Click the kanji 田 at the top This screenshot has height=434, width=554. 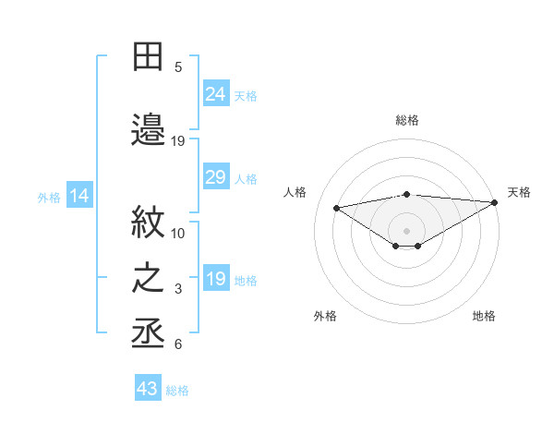point(148,57)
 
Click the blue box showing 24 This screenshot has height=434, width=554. point(216,94)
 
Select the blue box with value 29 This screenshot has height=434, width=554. point(216,178)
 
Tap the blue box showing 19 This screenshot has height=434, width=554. point(216,280)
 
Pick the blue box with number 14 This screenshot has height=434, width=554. point(79,196)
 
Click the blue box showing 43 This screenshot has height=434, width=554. point(148,389)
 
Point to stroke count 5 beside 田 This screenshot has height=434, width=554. point(178,66)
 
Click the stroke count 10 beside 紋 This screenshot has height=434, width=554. point(178,233)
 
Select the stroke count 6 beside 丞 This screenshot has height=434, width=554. point(178,344)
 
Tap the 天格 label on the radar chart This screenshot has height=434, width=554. point(519,192)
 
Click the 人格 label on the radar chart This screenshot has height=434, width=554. point(295,192)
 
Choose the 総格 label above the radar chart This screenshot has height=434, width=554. point(407,120)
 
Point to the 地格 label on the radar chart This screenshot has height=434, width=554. point(484,316)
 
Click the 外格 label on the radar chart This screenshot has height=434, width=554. point(325,316)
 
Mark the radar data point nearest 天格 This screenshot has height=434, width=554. point(496,202)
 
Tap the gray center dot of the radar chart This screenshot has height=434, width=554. point(406,229)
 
